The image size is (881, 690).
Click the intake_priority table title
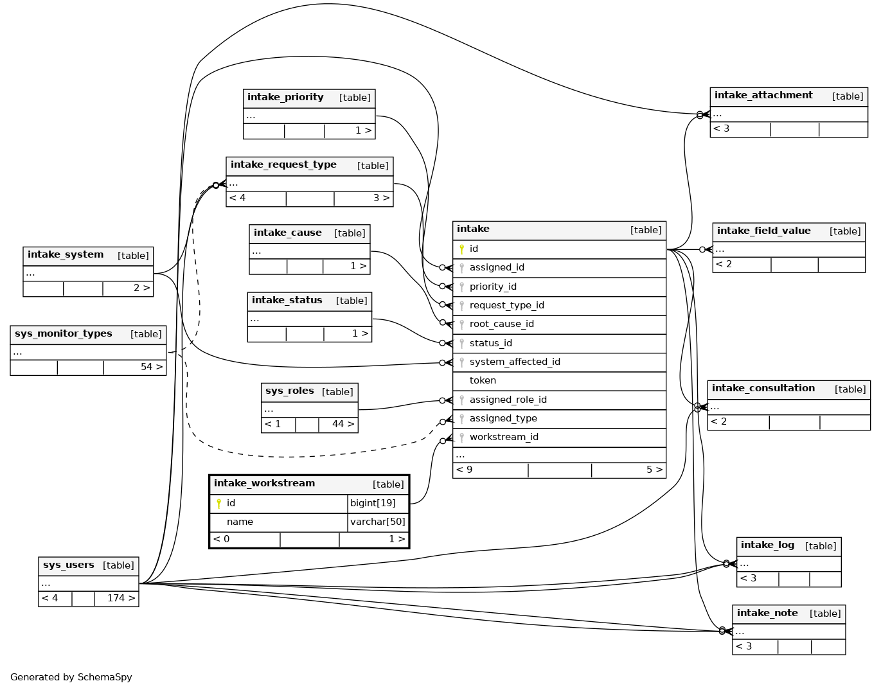[x=285, y=98]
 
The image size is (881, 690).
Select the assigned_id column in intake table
[x=497, y=268]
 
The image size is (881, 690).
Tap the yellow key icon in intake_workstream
[x=218, y=504]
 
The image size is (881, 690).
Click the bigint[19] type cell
[x=373, y=503]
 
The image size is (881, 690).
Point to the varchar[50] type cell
[x=378, y=522]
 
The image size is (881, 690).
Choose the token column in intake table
[x=483, y=381]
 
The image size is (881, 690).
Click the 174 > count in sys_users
[x=121, y=599]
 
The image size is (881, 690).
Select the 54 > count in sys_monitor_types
[x=151, y=367]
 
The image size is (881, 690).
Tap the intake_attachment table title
[x=763, y=96]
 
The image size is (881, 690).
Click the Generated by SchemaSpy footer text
[x=71, y=677]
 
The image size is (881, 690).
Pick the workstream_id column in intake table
[x=504, y=438]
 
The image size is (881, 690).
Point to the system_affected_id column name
[x=515, y=362]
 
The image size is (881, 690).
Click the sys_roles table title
[x=289, y=391]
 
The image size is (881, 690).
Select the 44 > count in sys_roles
[x=343, y=424]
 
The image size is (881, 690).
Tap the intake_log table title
[x=767, y=545]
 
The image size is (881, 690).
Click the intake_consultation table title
[x=763, y=389]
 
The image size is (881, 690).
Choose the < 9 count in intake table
[x=464, y=470]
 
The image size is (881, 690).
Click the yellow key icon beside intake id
[x=461, y=249]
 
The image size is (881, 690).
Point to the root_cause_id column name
[x=501, y=324]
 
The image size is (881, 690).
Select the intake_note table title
[x=767, y=614]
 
